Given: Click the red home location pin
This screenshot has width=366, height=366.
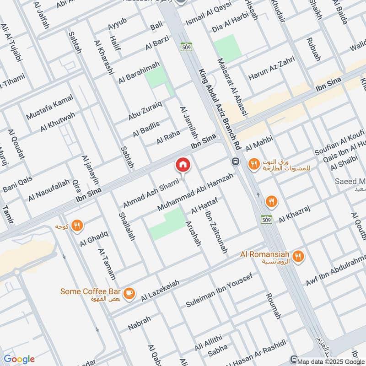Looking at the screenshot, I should [183, 165].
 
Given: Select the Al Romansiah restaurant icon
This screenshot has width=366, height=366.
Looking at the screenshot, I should [298, 256].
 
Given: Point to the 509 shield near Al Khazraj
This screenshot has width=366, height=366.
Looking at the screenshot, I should [267, 219].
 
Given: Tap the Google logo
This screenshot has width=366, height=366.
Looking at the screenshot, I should [19, 359].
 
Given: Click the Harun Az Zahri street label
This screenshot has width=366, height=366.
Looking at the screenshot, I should [271, 70].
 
